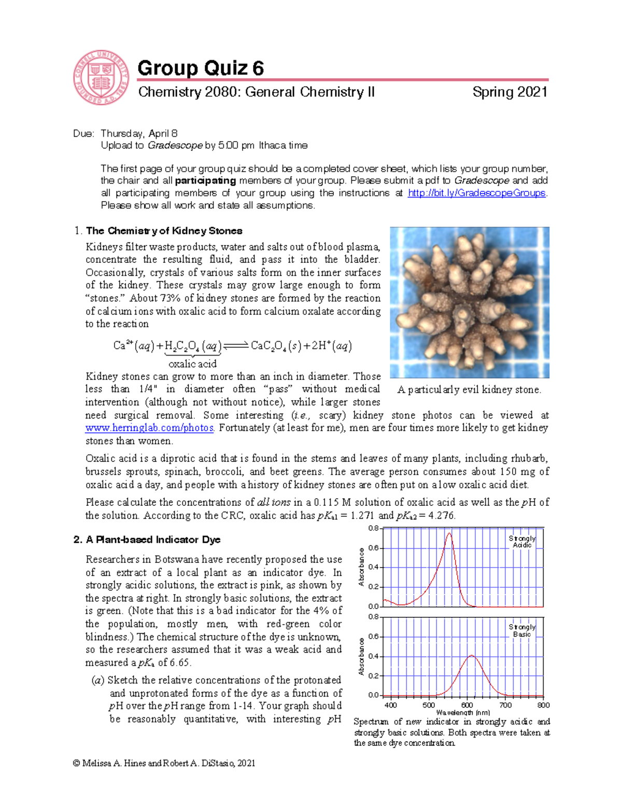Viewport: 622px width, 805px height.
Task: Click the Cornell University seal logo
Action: click(101, 78)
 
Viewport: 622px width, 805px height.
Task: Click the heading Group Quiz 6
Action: click(201, 68)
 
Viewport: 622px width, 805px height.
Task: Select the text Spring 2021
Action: click(510, 92)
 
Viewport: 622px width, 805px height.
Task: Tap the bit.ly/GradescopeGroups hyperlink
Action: click(476, 193)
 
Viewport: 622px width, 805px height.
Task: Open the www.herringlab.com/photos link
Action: click(149, 428)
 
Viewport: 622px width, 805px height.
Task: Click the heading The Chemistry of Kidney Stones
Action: click(164, 231)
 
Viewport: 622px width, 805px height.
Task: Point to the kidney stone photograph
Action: click(469, 302)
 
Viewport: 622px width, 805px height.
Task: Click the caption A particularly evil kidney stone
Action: click(469, 390)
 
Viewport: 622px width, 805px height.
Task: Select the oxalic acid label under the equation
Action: click(192, 364)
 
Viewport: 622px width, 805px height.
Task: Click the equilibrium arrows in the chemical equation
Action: click(236, 346)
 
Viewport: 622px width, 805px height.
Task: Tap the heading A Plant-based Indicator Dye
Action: click(153, 540)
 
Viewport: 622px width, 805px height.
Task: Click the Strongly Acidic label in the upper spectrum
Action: click(522, 542)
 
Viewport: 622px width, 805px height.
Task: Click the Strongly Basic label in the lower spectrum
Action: click(522, 630)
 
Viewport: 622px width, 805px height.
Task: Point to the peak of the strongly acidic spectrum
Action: click(449, 533)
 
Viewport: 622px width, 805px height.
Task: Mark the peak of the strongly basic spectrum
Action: click(471, 656)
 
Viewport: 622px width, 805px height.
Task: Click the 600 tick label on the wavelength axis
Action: click(467, 705)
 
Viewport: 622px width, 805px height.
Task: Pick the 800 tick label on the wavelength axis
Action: click(543, 705)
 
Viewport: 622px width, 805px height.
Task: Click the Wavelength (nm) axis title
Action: click(463, 713)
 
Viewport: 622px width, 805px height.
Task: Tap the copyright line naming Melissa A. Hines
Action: click(164, 763)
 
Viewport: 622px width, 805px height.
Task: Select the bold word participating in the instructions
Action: click(206, 180)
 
